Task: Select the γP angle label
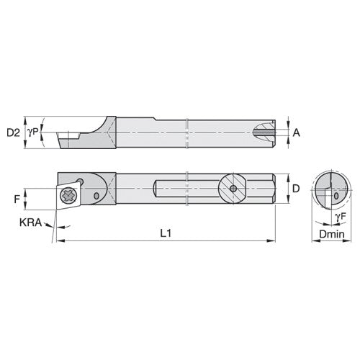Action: (32, 132)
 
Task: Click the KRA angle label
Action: (31, 224)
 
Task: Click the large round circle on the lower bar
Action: (233, 188)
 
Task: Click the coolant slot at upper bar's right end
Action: (266, 132)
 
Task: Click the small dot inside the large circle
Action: (233, 188)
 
